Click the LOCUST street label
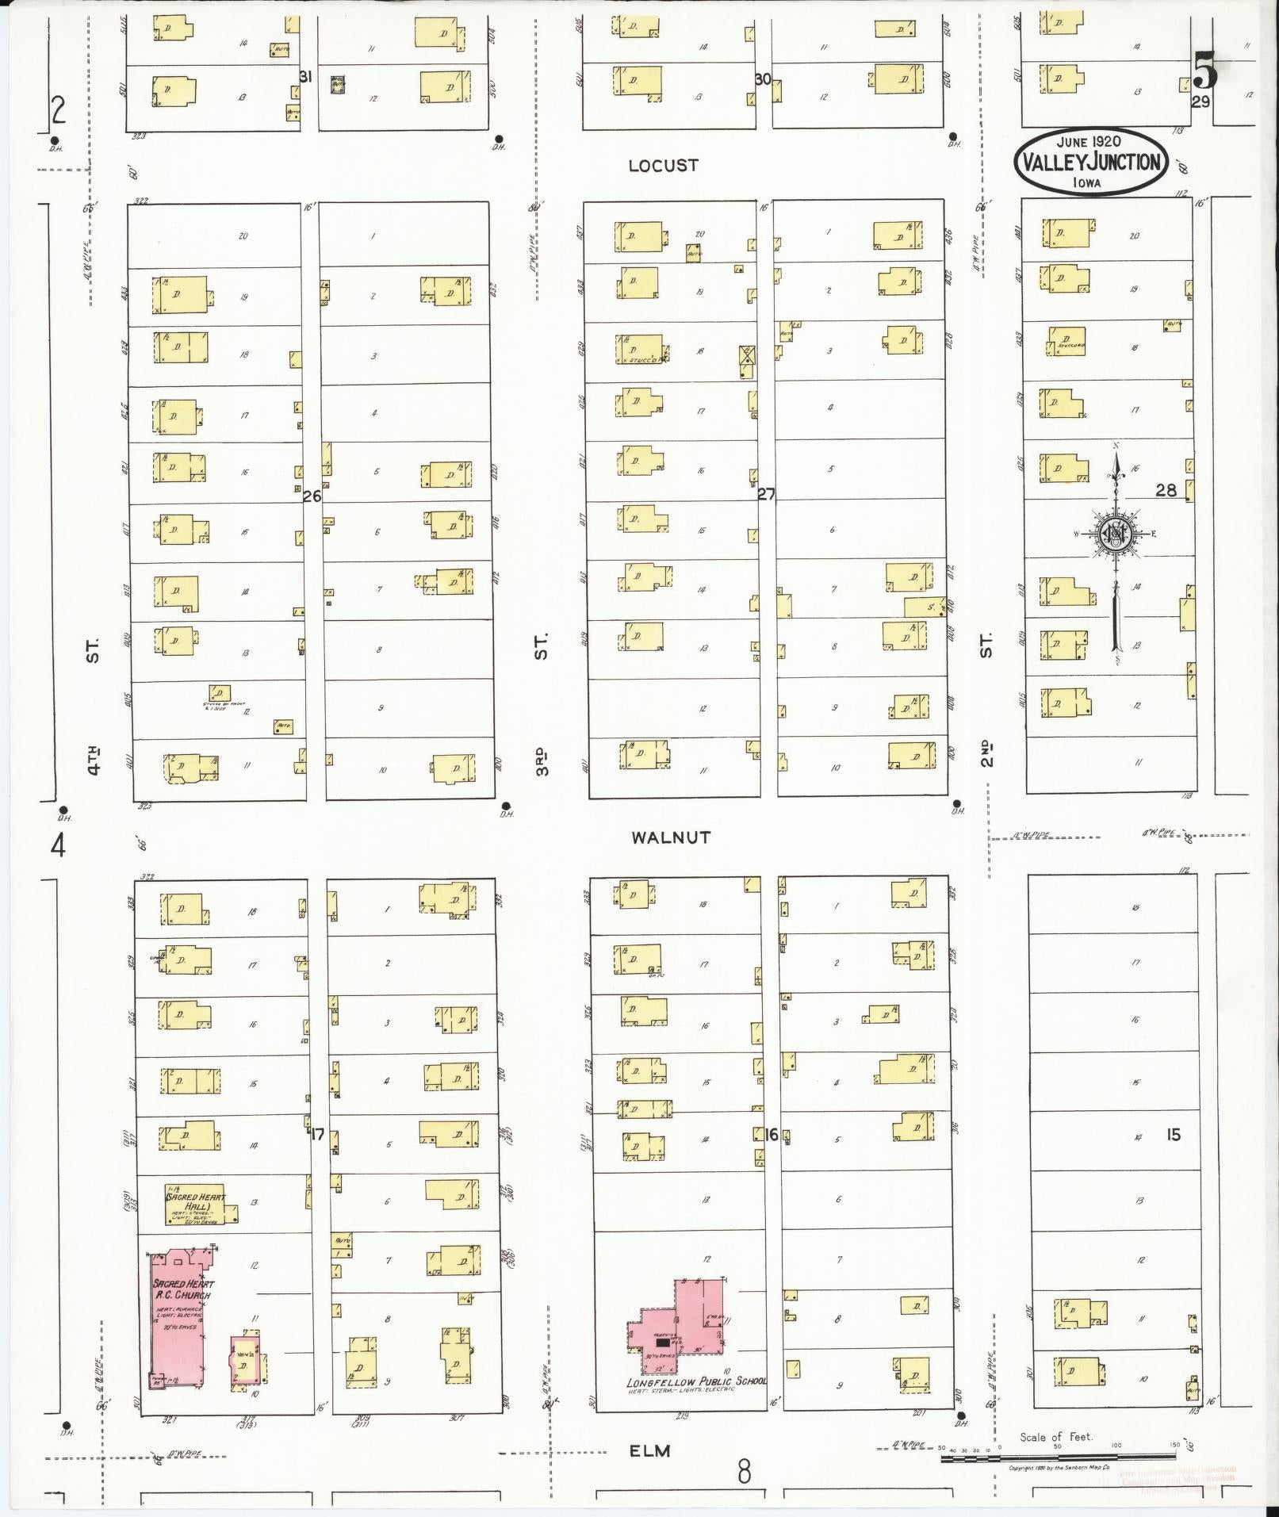663,166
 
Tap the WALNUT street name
671,837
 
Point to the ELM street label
650,1450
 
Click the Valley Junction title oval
1091,161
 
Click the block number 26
312,496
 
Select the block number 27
766,494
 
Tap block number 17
317,1135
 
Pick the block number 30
763,79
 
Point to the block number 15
1173,1135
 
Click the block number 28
1166,490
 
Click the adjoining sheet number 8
744,1473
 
